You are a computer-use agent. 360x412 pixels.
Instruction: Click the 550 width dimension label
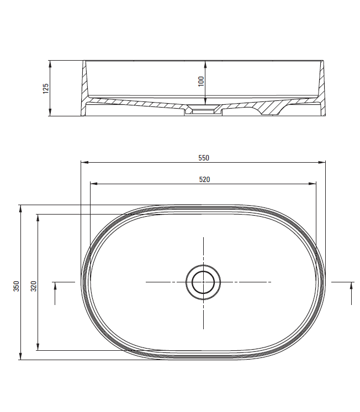[x=204, y=158]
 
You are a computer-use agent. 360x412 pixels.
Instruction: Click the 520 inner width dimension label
[x=204, y=179]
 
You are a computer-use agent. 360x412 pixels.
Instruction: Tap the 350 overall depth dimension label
[x=17, y=286]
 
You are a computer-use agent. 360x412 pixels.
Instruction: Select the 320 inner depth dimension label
[x=34, y=286]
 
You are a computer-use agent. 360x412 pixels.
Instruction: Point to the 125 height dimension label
[x=46, y=88]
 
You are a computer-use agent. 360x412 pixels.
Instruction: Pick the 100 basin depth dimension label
[x=201, y=81]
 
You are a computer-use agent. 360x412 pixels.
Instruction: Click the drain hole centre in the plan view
[x=203, y=282]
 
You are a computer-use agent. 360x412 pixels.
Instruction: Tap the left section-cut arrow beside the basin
[x=55, y=293]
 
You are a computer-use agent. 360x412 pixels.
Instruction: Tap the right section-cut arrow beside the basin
[x=351, y=293]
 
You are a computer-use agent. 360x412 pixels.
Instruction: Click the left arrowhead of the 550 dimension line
[x=84, y=162]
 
